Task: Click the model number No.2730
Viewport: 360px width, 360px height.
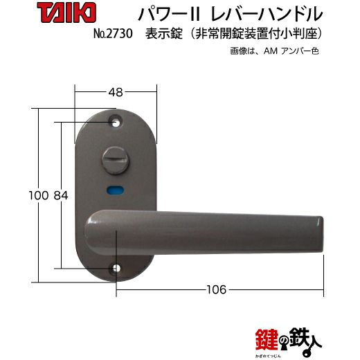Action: (113, 34)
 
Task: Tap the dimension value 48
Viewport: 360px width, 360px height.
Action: (116, 92)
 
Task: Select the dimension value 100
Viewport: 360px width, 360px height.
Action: (39, 195)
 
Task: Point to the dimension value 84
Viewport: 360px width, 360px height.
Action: (61, 195)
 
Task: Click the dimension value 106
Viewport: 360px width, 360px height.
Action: (216, 289)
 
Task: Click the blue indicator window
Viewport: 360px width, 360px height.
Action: (115, 190)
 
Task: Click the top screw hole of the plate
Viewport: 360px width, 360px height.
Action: (116, 122)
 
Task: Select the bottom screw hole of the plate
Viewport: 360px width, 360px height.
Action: (116, 269)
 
